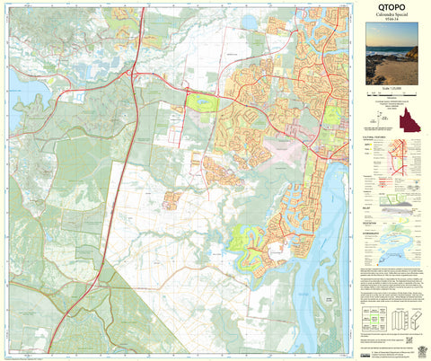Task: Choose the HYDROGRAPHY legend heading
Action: pyautogui.click(x=377, y=230)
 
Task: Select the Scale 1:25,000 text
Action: pyautogui.click(x=396, y=89)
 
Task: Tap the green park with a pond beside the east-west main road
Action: pyautogui.click(x=203, y=103)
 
